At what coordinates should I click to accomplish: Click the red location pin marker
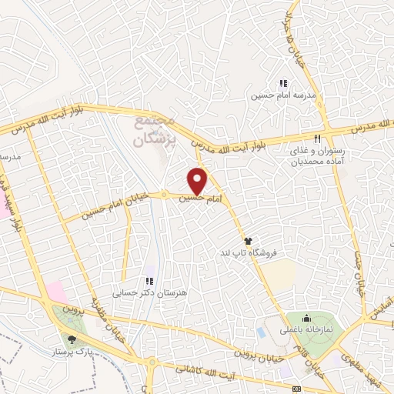[198, 181]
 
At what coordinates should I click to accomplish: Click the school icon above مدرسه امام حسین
[282, 83]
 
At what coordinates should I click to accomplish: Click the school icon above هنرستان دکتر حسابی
[150, 281]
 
